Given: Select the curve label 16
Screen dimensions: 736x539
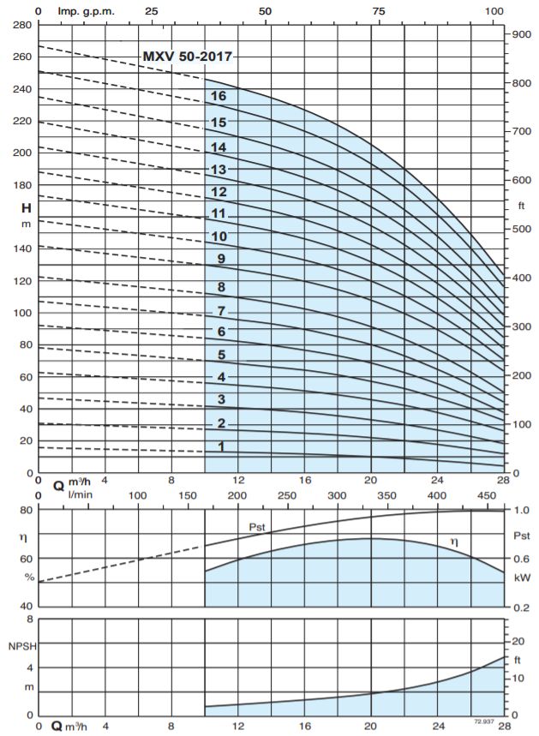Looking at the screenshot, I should (219, 96).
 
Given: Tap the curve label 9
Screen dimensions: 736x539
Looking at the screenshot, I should (221, 259).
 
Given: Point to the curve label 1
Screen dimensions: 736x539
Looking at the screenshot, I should (221, 446).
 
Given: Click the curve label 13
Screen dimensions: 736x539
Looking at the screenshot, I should (219, 170).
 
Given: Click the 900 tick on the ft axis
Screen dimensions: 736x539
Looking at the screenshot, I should (522, 33).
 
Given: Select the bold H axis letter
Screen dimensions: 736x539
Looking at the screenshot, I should (27, 207).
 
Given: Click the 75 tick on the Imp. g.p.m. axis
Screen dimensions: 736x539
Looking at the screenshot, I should (378, 11).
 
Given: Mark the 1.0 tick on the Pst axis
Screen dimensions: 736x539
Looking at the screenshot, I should (521, 511).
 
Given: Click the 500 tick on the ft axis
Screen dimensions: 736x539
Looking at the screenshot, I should (522, 230).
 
